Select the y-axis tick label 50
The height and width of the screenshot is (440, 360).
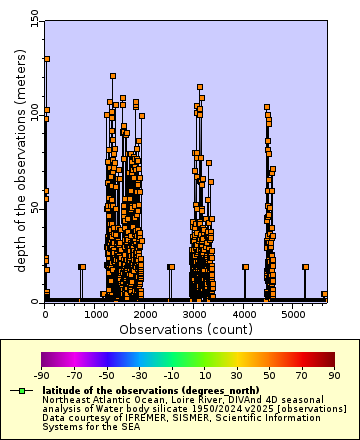(x=35, y=207)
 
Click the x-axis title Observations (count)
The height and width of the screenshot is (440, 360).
(x=186, y=328)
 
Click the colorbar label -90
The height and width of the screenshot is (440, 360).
(x=41, y=375)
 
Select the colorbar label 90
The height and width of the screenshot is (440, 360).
(x=334, y=375)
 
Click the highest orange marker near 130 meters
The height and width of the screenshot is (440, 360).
(x=46, y=59)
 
